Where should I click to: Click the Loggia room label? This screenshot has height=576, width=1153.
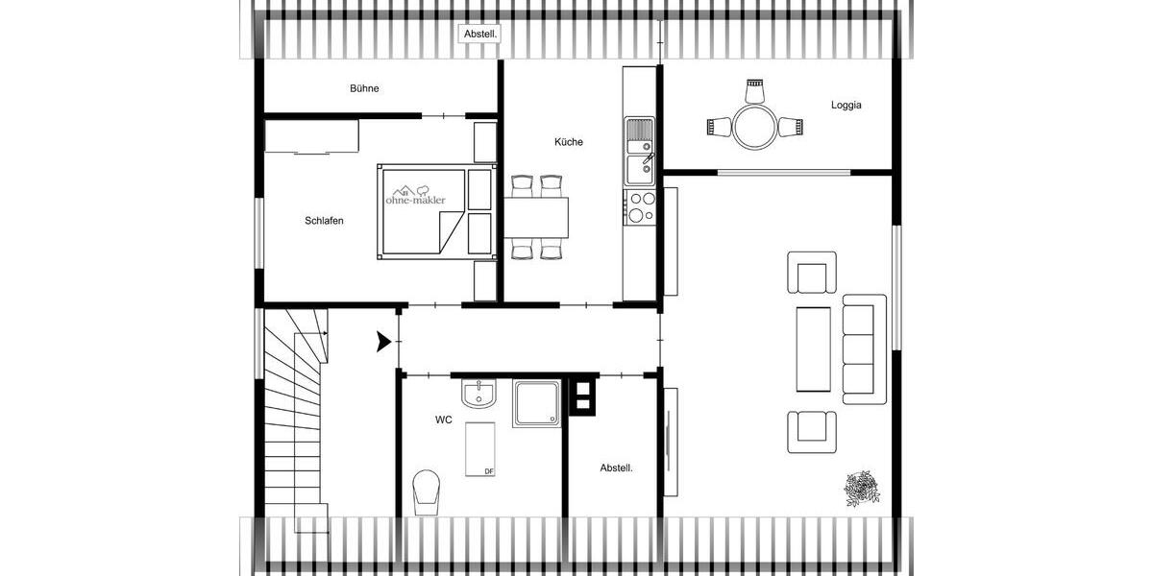(x=846, y=106)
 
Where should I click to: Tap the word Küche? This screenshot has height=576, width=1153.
(x=568, y=142)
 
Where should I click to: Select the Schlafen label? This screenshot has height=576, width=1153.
(x=324, y=221)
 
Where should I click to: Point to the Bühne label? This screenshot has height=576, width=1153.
(x=364, y=88)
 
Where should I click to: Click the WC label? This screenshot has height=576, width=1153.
(x=444, y=420)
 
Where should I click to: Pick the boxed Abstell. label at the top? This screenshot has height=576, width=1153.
(x=480, y=34)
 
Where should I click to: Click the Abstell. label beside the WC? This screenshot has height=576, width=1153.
(x=616, y=468)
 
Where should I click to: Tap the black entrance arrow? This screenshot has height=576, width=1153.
(x=384, y=340)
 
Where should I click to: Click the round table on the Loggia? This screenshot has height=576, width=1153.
(x=754, y=126)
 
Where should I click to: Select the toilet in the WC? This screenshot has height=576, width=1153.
(x=423, y=492)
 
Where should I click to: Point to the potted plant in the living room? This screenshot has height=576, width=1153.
(x=861, y=488)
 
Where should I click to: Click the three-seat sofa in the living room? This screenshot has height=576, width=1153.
(x=864, y=348)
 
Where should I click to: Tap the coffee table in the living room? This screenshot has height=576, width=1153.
(x=813, y=348)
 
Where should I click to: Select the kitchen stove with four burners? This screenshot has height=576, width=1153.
(x=640, y=206)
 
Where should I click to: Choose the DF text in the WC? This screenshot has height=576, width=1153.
(x=488, y=471)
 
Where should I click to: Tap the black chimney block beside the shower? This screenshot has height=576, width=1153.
(x=582, y=395)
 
